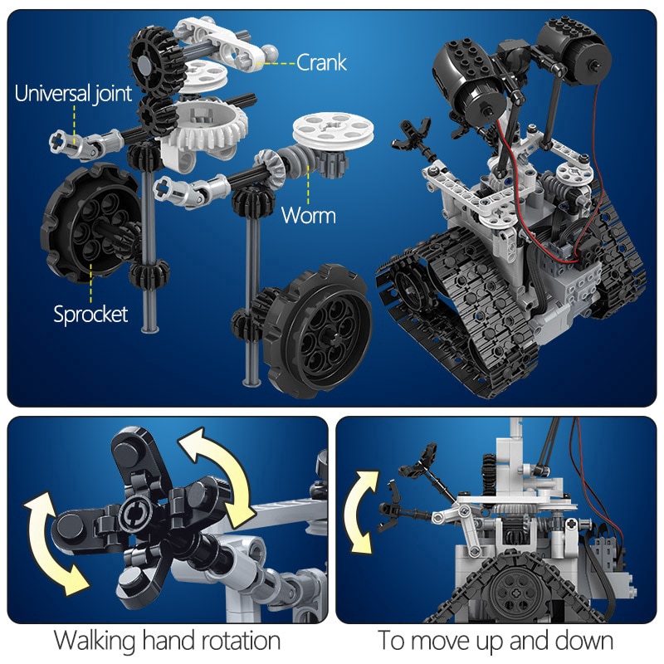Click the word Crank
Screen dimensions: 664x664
(x=321, y=62)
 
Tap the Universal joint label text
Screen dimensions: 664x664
(x=73, y=93)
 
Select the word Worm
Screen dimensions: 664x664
(x=308, y=216)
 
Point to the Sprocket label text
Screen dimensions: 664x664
(x=90, y=314)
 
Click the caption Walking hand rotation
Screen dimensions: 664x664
(x=167, y=641)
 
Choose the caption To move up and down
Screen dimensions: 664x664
(x=496, y=641)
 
